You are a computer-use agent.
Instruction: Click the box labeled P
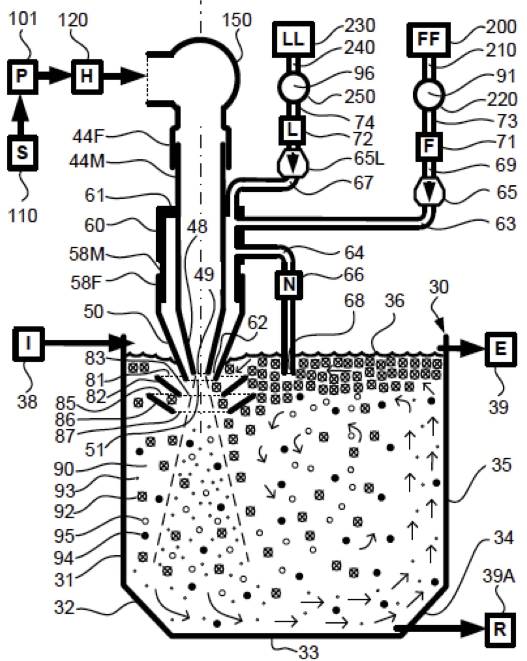(x=22, y=77)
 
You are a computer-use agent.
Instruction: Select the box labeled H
(x=87, y=77)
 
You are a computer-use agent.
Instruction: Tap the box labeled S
(x=22, y=153)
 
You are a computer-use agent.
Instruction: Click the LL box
(x=293, y=39)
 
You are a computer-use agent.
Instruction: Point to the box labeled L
(x=292, y=131)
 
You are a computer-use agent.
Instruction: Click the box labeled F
(x=429, y=146)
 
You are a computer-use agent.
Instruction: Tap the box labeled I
(x=28, y=343)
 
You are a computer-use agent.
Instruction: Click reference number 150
(x=236, y=20)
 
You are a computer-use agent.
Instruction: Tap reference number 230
(x=360, y=26)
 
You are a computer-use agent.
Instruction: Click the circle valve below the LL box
(x=293, y=87)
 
